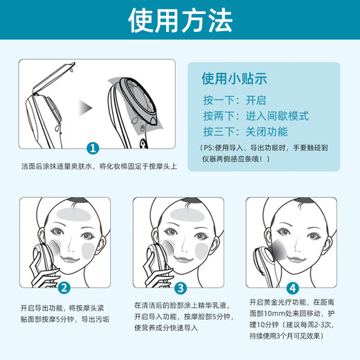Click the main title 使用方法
pyautogui.click(x=180, y=22)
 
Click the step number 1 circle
pyautogui.click(x=93, y=147)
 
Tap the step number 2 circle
pyautogui.click(x=64, y=288)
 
